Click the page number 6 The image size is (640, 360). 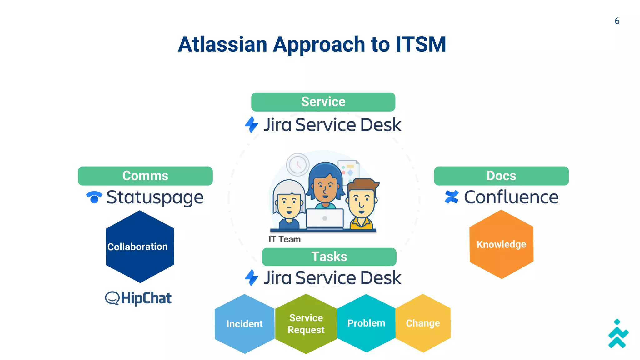(617, 21)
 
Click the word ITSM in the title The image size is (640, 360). (421, 44)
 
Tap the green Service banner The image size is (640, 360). (323, 102)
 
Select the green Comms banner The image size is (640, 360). (145, 176)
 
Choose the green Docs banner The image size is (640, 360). (501, 176)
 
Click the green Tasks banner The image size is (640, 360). (329, 257)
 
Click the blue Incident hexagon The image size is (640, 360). (244, 324)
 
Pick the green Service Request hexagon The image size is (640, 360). (306, 324)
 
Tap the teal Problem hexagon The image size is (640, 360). (366, 323)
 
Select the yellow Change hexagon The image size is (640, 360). (423, 323)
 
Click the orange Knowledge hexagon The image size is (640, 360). (501, 244)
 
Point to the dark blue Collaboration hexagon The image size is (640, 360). (140, 247)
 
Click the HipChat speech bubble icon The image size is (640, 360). (112, 298)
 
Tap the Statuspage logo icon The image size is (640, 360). (94, 197)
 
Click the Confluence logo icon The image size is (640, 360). (452, 197)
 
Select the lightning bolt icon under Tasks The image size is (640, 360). (252, 277)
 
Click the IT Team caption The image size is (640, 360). (284, 239)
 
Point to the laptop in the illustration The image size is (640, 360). (325, 218)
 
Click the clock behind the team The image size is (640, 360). (298, 164)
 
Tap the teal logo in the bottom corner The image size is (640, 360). (618, 334)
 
